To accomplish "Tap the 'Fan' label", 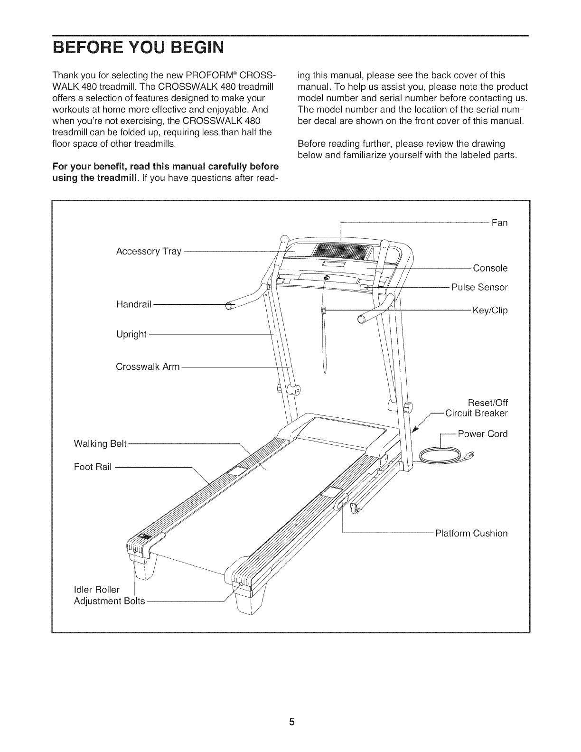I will click(499, 223).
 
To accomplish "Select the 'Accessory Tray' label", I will click(149, 251).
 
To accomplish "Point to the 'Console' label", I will click(490, 268).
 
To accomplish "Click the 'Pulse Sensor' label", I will click(479, 287).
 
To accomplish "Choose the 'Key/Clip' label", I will click(490, 310).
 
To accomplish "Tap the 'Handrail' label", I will click(133, 304).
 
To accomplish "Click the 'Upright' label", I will click(131, 334).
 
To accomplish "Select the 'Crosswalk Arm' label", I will click(148, 367).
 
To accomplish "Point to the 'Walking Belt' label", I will click(100, 443).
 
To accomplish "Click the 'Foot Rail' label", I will click(93, 467).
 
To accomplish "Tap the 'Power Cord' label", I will click(482, 434).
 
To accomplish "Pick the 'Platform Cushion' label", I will click(471, 533).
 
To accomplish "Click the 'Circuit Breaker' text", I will click(477, 413).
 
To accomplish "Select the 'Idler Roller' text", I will click(96, 590).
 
